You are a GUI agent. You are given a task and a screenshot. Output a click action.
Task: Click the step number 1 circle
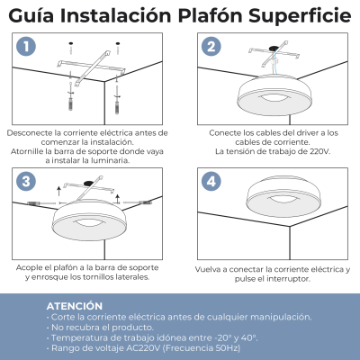26,46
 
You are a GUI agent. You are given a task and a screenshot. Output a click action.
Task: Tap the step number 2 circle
211,46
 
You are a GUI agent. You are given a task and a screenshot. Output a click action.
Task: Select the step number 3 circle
26,181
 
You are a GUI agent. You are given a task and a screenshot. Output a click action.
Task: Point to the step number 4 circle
211,181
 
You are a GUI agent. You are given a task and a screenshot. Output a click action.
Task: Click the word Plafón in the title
210,15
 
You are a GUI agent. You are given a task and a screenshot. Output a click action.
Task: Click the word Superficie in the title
300,16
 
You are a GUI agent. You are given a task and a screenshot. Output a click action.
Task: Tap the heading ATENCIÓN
75,306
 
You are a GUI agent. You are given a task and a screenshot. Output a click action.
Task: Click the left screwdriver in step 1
70,96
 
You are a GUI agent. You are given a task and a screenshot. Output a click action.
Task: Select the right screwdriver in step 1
117,98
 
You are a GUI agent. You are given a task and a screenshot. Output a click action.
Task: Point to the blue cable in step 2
274,61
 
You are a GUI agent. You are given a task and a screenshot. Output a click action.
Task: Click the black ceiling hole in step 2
274,48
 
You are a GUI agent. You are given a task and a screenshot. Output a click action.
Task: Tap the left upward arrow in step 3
58,192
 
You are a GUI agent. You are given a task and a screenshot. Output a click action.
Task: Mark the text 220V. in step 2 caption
319,151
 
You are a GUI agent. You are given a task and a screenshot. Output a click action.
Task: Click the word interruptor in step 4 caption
288,279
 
